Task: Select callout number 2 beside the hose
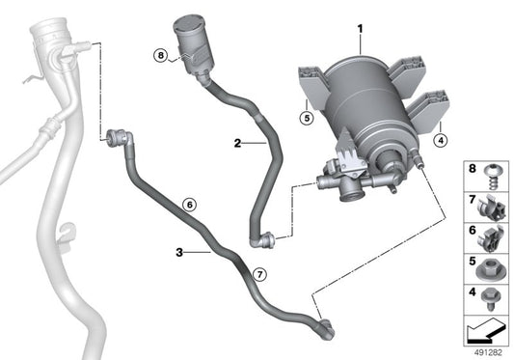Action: [236, 143]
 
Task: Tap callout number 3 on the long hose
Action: [180, 252]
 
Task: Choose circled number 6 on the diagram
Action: [189, 205]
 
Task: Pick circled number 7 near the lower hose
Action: [258, 274]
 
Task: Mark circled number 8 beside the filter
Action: [160, 56]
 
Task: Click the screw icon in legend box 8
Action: [490, 173]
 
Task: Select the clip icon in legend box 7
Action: [490, 205]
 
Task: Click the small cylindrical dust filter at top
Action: [192, 42]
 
